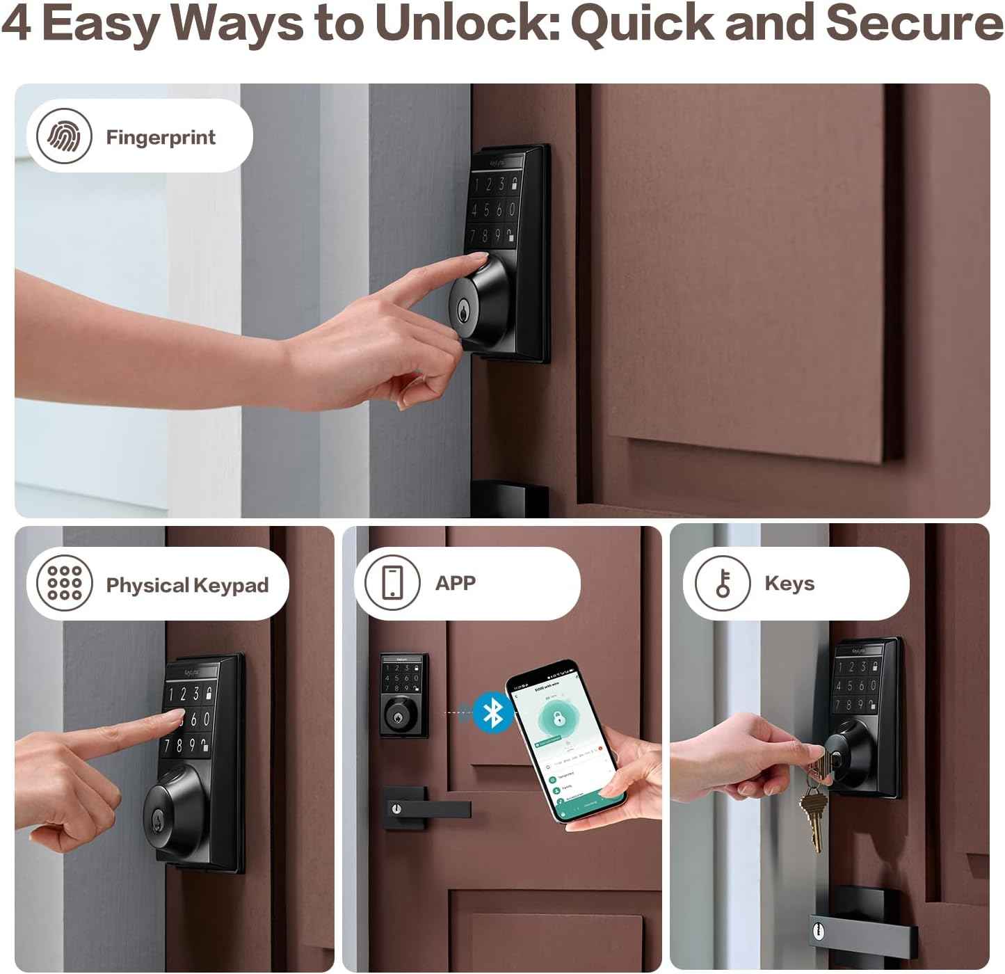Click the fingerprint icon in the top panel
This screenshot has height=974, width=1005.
coord(64,136)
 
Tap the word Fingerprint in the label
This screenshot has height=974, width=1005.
coord(161,137)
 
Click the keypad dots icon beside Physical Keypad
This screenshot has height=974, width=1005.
coord(64,583)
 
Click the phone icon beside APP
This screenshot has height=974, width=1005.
coord(392,582)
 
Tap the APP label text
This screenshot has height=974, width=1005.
coord(456,583)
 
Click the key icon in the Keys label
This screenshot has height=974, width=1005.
coord(723,583)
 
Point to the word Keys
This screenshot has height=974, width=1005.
coord(789,583)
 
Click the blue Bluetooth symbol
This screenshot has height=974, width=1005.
coord(493,712)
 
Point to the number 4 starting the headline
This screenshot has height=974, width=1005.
coord(15,23)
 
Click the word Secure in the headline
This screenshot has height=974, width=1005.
coord(914,23)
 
